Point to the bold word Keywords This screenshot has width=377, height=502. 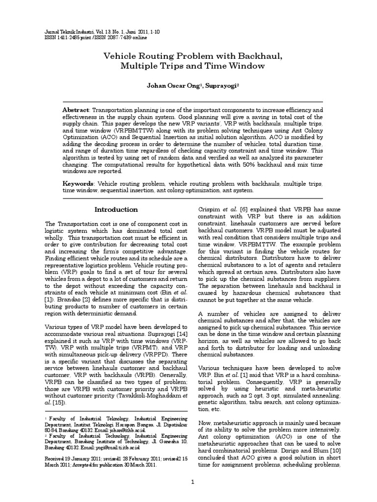[x=79, y=183]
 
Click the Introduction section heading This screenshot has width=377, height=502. [x=116, y=210]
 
